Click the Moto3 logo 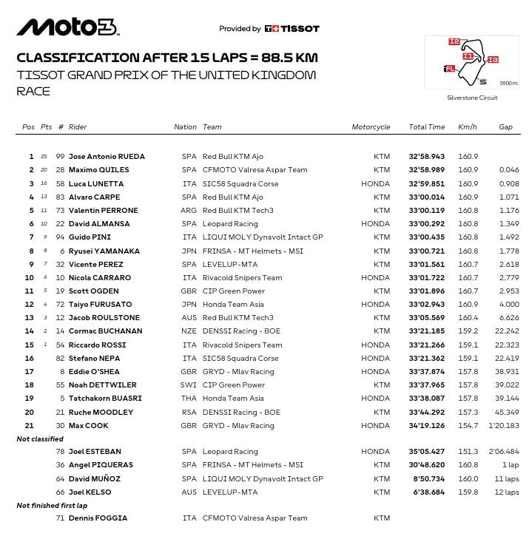[x=67, y=27]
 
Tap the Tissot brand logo [x=292, y=29]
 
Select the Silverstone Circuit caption [x=472, y=98]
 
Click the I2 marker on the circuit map [x=454, y=42]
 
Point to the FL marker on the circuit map [x=449, y=69]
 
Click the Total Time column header [x=427, y=127]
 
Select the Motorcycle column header [x=371, y=127]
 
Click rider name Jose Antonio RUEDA [x=107, y=157]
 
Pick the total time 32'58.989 [x=427, y=170]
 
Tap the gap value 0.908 [x=509, y=183]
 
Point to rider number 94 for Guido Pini [x=61, y=237]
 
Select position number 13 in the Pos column [x=30, y=318]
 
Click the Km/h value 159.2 [x=468, y=331]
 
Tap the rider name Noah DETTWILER [x=102, y=385]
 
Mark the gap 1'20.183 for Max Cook [x=504, y=426]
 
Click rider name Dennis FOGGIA [x=98, y=518]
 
